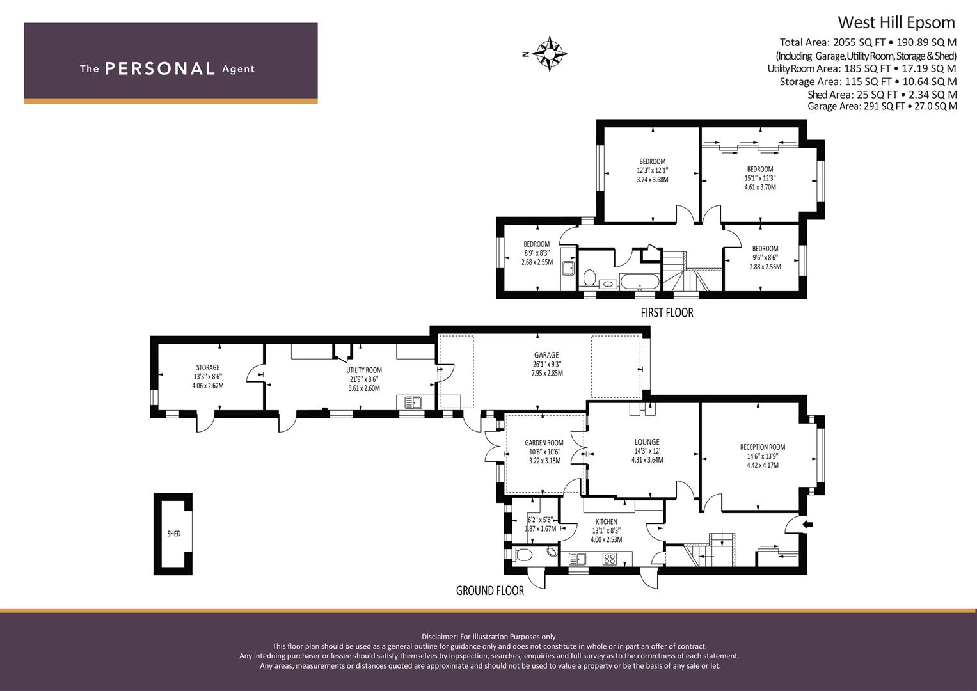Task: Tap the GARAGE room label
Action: pos(546,355)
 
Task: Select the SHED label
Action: pos(173,534)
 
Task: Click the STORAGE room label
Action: pos(207,367)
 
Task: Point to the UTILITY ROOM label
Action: pos(364,370)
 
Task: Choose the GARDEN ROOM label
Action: pos(544,443)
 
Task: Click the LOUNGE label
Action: pos(647,442)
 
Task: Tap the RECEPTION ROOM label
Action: pos(763,447)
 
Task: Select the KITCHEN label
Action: pos(607,521)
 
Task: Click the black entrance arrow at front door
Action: pos(808,525)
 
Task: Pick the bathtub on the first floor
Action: pos(640,282)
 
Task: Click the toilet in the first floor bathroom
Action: pos(589,278)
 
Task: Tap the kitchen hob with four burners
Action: pos(609,559)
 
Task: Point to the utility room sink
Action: pos(413,402)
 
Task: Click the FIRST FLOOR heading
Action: pos(667,312)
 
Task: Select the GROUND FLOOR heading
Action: pos(490,591)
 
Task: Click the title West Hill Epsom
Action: pos(896,22)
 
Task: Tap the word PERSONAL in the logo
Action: pos(160,68)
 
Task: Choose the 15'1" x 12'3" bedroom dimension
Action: pos(760,178)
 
